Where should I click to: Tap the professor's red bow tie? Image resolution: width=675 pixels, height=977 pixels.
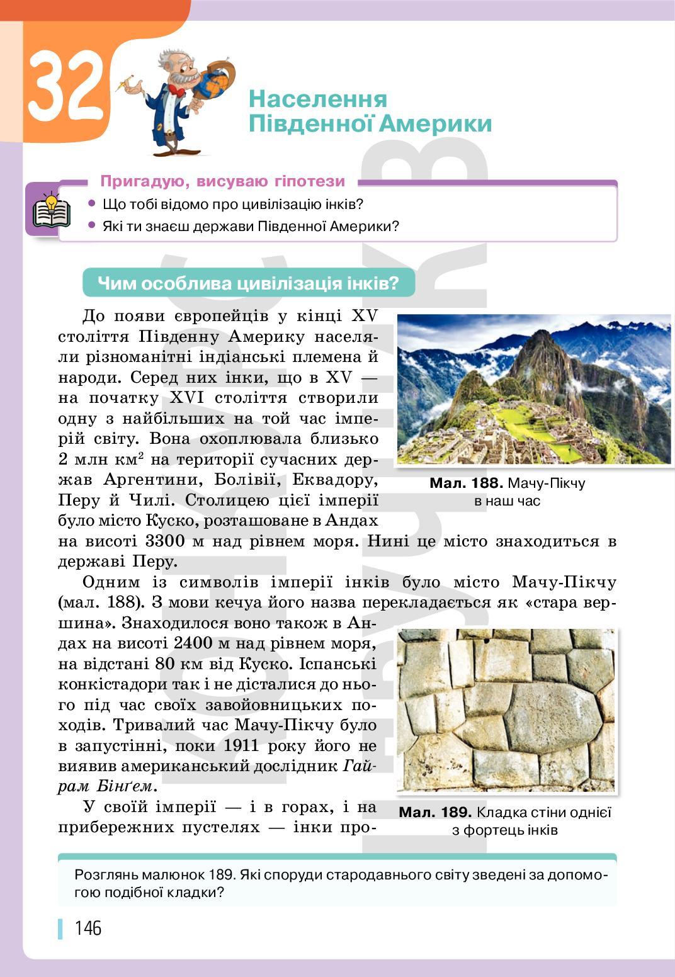pos(177,92)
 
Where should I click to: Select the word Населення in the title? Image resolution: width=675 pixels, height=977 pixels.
pos(317,99)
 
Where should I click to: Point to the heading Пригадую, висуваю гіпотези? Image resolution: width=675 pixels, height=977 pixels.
pos(222,181)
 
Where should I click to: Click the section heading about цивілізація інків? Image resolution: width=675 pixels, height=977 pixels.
pos(249,283)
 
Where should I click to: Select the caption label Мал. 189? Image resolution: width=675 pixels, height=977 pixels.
pos(434,812)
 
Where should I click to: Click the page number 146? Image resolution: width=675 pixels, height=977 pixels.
pos(88,927)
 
